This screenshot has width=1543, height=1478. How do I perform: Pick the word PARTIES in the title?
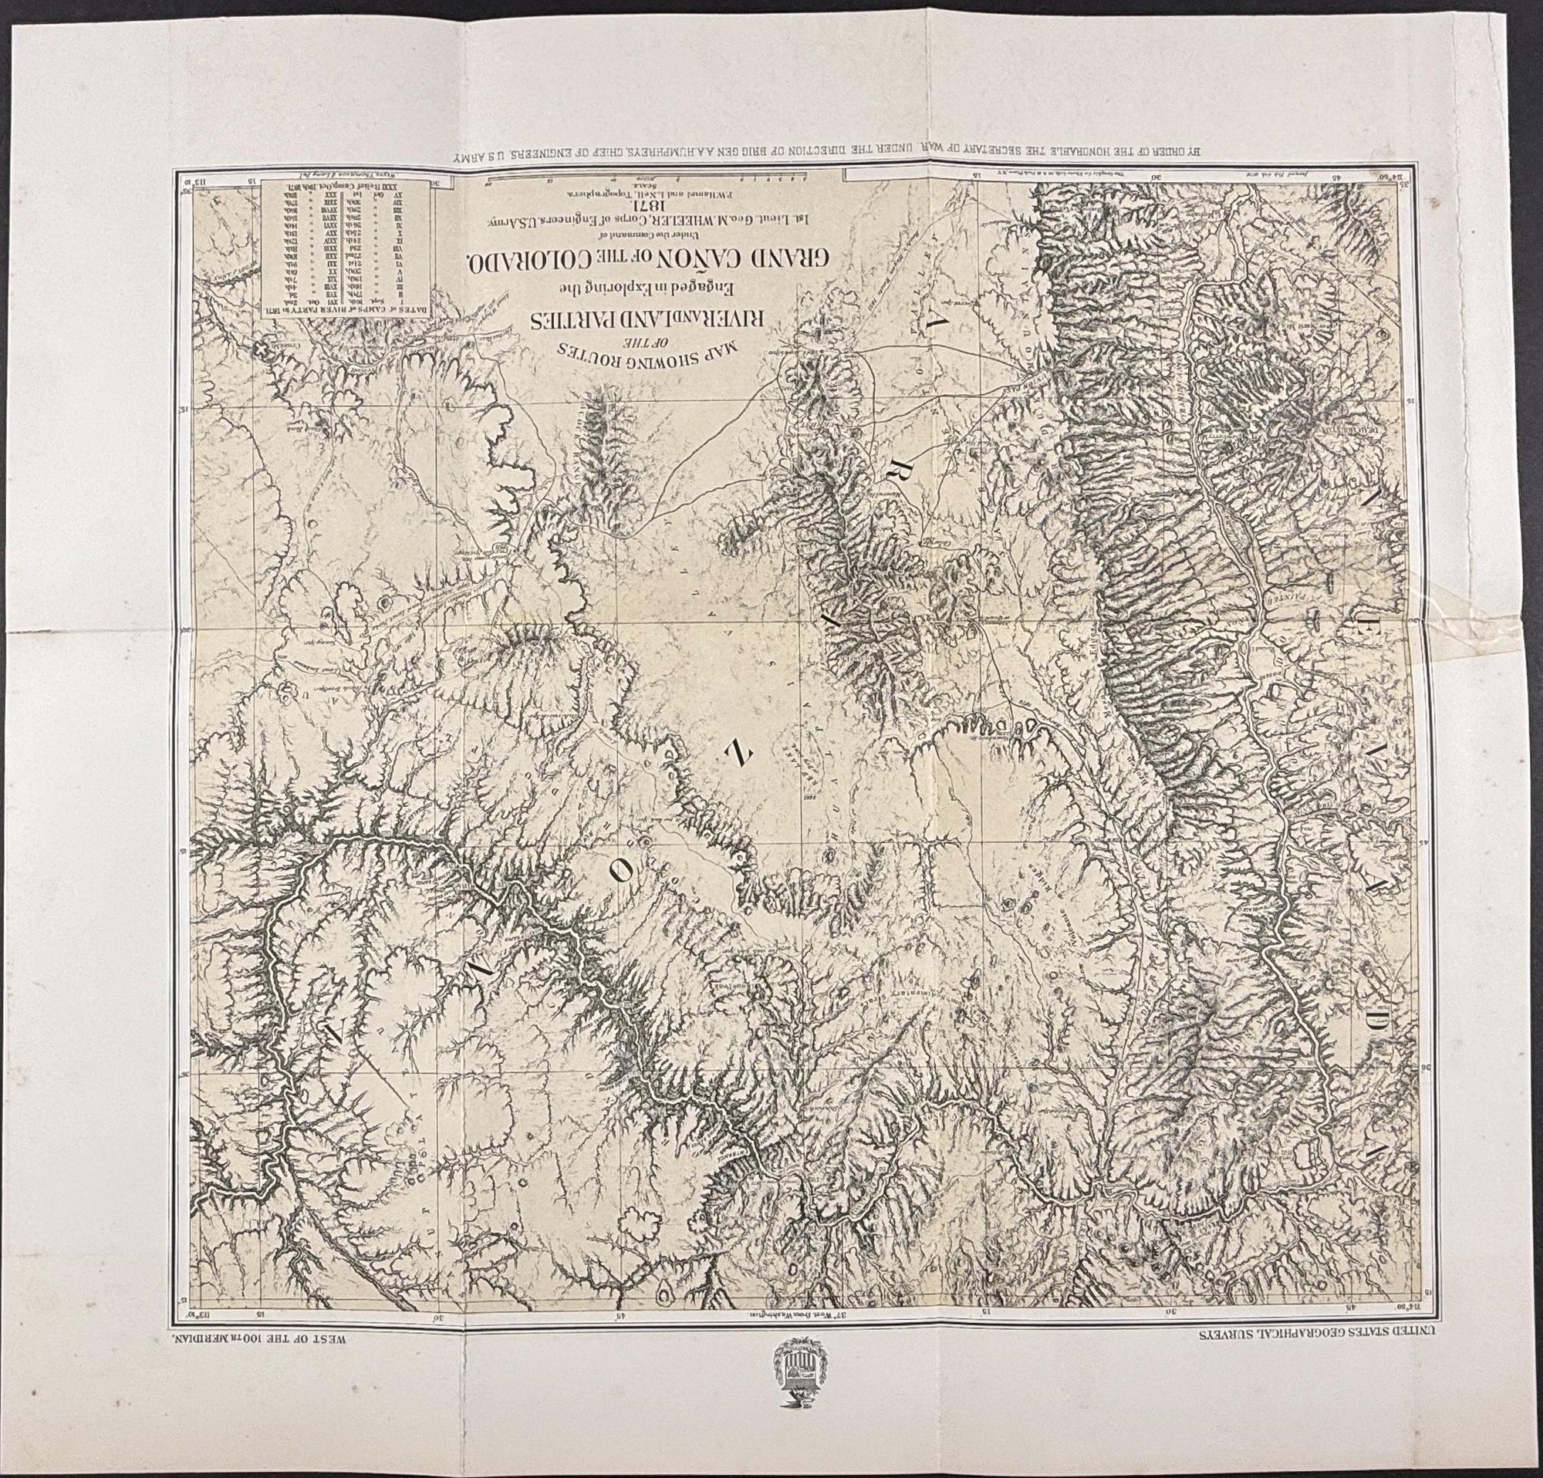pyautogui.click(x=563, y=321)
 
